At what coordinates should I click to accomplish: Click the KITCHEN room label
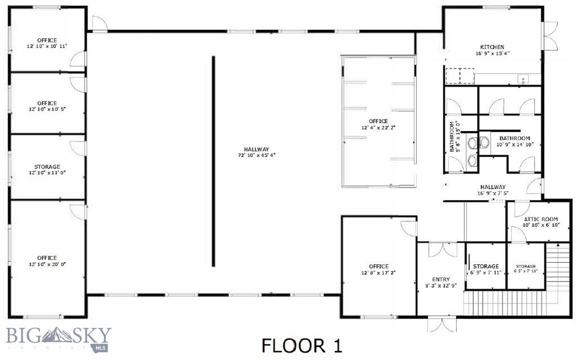pyautogui.click(x=492, y=47)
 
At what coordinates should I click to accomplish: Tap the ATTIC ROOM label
pyautogui.click(x=541, y=219)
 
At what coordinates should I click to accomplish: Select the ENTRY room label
pyautogui.click(x=441, y=279)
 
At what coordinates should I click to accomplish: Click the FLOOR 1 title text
pyautogui.click(x=302, y=346)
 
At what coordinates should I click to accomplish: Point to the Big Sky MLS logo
pyautogui.click(x=59, y=338)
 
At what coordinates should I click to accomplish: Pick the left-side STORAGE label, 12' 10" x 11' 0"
pyautogui.click(x=47, y=167)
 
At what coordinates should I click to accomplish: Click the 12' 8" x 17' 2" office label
pyautogui.click(x=379, y=266)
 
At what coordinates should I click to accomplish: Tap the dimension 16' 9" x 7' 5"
pyautogui.click(x=493, y=193)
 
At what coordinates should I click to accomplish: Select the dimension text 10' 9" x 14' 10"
pyautogui.click(x=514, y=145)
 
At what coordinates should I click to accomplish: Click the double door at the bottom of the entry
pyautogui.click(x=442, y=325)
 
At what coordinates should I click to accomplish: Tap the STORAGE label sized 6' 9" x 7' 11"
pyautogui.click(x=486, y=266)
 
